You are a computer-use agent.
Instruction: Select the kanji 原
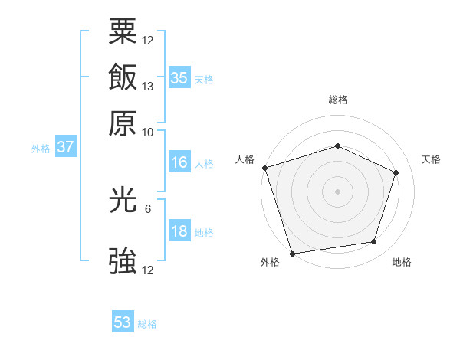tap(123, 122)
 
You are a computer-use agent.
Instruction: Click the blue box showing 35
tap(179, 78)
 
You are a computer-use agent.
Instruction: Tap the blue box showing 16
tap(179, 162)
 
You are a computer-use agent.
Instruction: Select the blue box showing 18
tap(179, 232)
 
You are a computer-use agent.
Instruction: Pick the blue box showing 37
tap(65, 148)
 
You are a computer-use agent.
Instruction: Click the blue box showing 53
tap(123, 322)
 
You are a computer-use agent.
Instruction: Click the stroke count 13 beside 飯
tap(148, 86)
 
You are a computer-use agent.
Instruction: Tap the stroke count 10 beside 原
tap(148, 132)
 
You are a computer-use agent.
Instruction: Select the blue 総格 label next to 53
tap(147, 324)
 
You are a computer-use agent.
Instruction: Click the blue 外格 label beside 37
tap(41, 149)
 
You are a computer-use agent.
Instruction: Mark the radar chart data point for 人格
tap(264, 168)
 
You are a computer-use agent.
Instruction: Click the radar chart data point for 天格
tap(396, 172)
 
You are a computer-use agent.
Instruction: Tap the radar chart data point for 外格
tap(292, 253)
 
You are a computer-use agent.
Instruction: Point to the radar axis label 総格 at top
tap(337, 100)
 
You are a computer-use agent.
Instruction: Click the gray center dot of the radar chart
tap(337, 191)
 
